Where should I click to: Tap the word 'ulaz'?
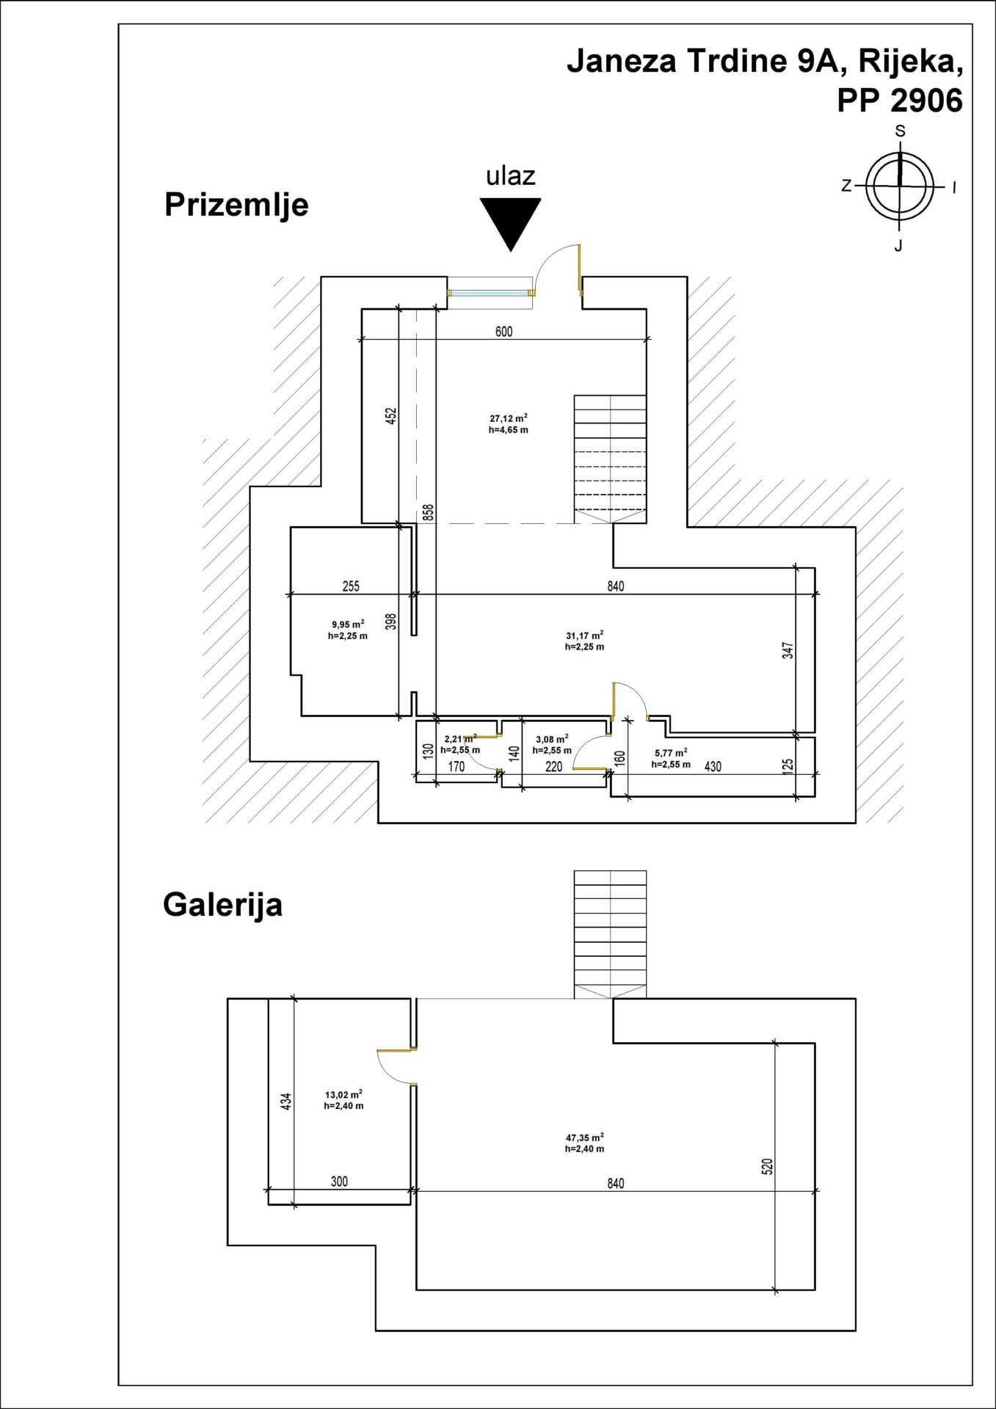tap(511, 175)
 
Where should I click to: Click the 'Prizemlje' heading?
tap(236, 205)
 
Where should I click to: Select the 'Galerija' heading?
tap(222, 905)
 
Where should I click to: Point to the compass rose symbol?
tap(900, 186)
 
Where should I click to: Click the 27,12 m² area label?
tap(509, 423)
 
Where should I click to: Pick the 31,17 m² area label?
tap(584, 641)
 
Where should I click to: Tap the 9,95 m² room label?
tap(347, 630)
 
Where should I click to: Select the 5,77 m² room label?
tap(671, 758)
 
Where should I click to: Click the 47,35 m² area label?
tap(584, 1143)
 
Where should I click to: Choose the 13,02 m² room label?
tap(343, 1100)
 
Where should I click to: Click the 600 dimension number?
tap(504, 332)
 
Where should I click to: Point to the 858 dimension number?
tap(429, 512)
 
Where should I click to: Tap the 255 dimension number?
tap(351, 586)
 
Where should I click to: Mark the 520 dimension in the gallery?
tap(768, 1168)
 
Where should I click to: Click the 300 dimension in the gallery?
tap(339, 1182)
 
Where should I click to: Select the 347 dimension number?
tap(788, 652)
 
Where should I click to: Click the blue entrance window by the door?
tap(490, 293)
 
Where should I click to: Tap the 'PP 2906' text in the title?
tap(900, 101)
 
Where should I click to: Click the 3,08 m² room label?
tap(552, 745)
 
